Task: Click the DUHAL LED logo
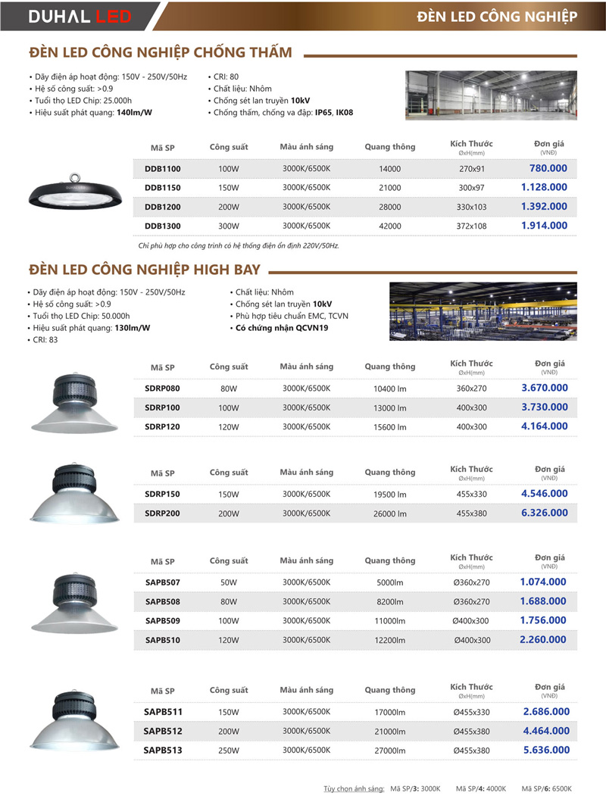80,16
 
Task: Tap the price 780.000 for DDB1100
548,168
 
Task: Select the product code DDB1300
162,226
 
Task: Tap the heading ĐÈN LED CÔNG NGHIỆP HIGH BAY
145,270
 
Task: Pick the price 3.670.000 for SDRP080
544,388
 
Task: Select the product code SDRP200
162,513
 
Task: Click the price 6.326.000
544,513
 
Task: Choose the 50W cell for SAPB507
228,582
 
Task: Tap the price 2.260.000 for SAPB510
543,639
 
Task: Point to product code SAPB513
162,751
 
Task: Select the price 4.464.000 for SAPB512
545,731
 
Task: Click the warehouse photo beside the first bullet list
491,95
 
